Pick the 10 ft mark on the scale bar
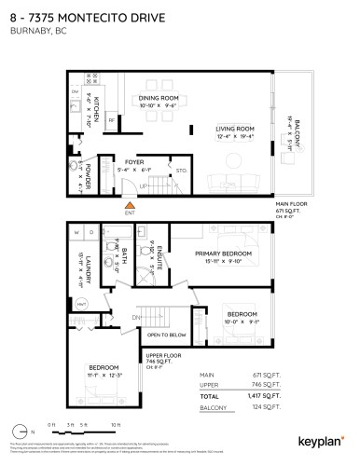(116, 424)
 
